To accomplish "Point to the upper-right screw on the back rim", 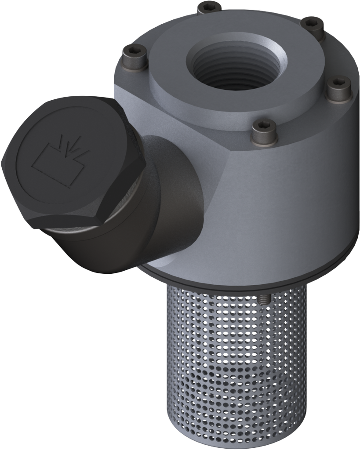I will (x=314, y=24).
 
